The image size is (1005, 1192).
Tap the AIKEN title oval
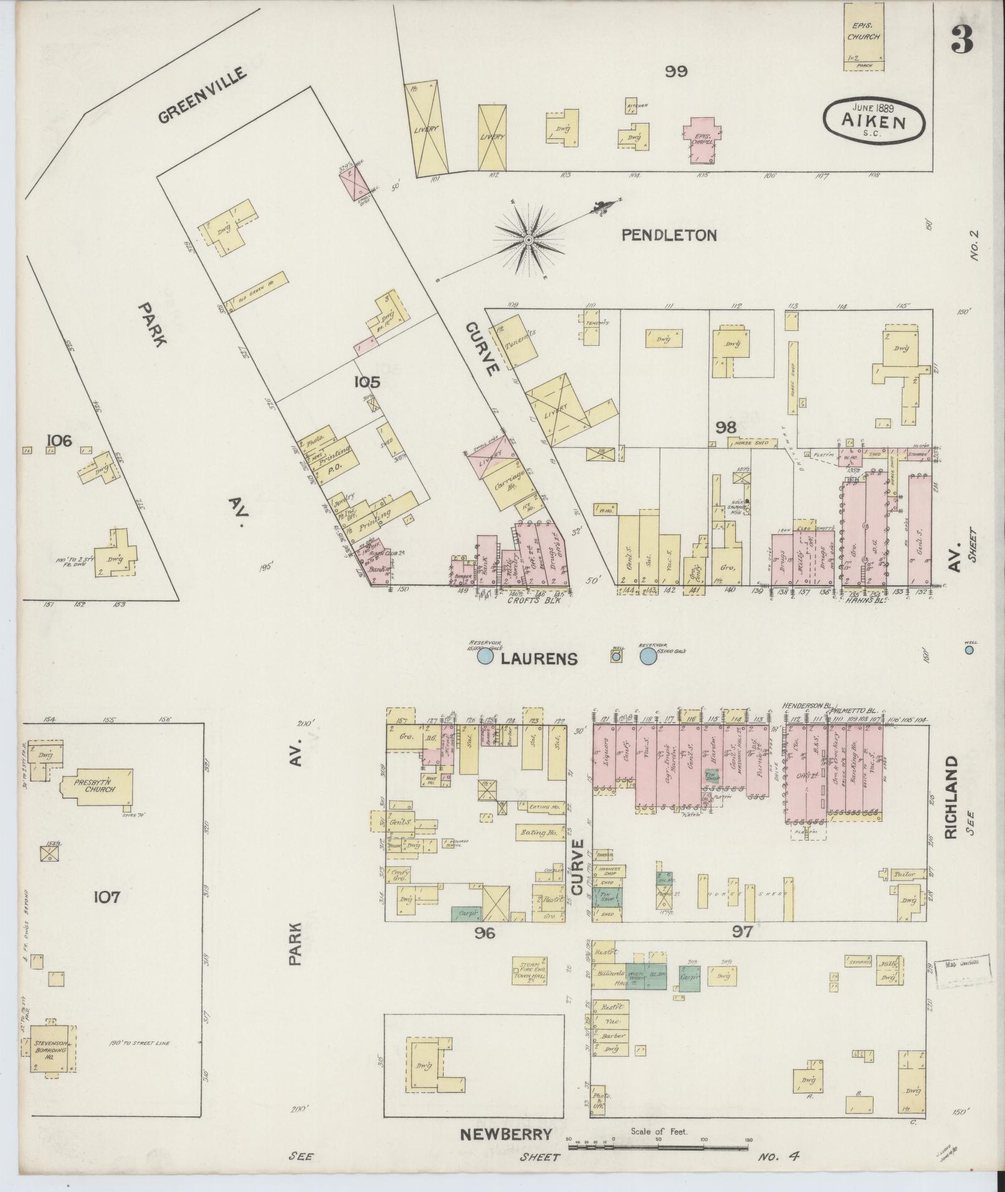tap(874, 118)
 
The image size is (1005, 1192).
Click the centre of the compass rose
tap(528, 239)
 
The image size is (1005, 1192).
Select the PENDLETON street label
tap(670, 235)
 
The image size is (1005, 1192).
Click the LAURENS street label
tap(540, 659)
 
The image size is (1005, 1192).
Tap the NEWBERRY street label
tap(506, 1134)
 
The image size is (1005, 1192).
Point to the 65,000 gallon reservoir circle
tap(649, 656)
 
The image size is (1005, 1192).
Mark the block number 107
tap(107, 897)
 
